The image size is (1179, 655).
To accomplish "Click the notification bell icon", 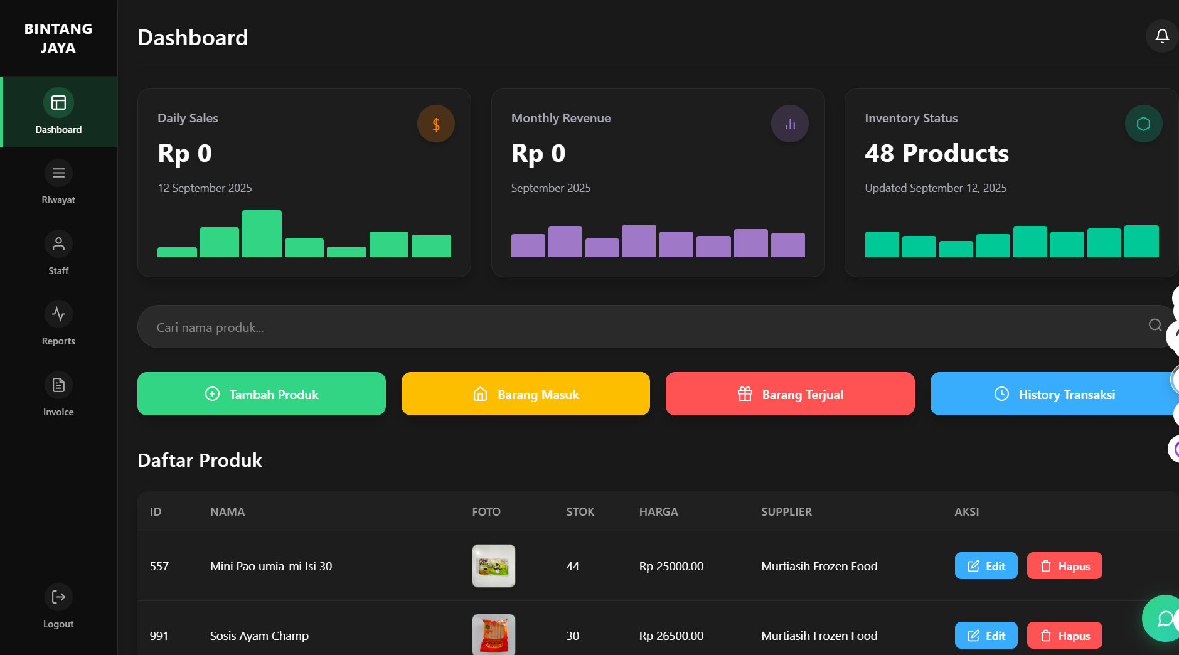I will tap(1162, 36).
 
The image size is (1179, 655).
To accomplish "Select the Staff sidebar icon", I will tap(58, 244).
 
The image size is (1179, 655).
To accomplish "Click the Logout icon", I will tap(58, 597).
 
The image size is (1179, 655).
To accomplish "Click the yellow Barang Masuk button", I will tap(526, 394).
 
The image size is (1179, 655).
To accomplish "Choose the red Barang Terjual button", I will tap(790, 394).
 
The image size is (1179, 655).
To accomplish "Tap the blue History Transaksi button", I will tap(1054, 394).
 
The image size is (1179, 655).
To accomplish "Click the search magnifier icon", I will tap(1155, 325).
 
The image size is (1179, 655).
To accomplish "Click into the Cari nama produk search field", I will tap(627, 327).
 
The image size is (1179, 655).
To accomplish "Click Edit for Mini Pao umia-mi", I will tap(986, 566).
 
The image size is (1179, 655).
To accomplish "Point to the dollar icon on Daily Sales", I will tap(436, 124).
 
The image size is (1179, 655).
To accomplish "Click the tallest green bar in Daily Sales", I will tap(262, 234).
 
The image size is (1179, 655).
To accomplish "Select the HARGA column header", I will tap(658, 512).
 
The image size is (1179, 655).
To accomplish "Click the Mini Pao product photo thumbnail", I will tap(494, 566).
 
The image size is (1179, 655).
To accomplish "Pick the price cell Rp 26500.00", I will tap(671, 636).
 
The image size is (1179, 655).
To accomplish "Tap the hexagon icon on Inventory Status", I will tap(1143, 124).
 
